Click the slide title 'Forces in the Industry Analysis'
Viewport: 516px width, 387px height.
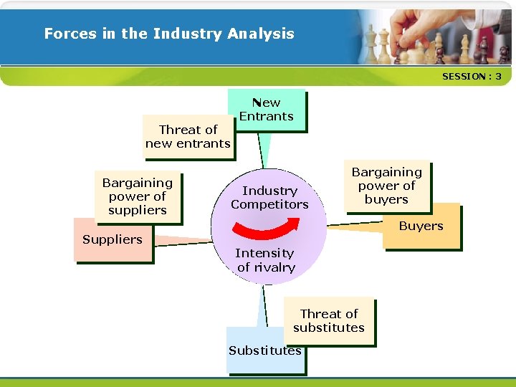169,34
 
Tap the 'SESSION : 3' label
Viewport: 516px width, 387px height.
472,76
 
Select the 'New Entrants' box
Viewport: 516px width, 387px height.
267,110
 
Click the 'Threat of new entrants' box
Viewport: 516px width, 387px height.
188,136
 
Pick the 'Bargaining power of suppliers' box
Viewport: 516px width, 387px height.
137,196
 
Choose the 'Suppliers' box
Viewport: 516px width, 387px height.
113,240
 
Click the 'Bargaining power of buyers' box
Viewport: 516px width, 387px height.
386,186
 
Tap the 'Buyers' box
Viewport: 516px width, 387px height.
421,226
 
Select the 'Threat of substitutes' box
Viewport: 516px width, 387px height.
329,320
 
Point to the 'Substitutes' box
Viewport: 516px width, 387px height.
264,351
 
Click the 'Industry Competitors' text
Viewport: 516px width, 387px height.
269,197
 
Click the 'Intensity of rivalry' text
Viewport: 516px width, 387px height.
265,260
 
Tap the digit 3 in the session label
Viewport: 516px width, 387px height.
498,76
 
